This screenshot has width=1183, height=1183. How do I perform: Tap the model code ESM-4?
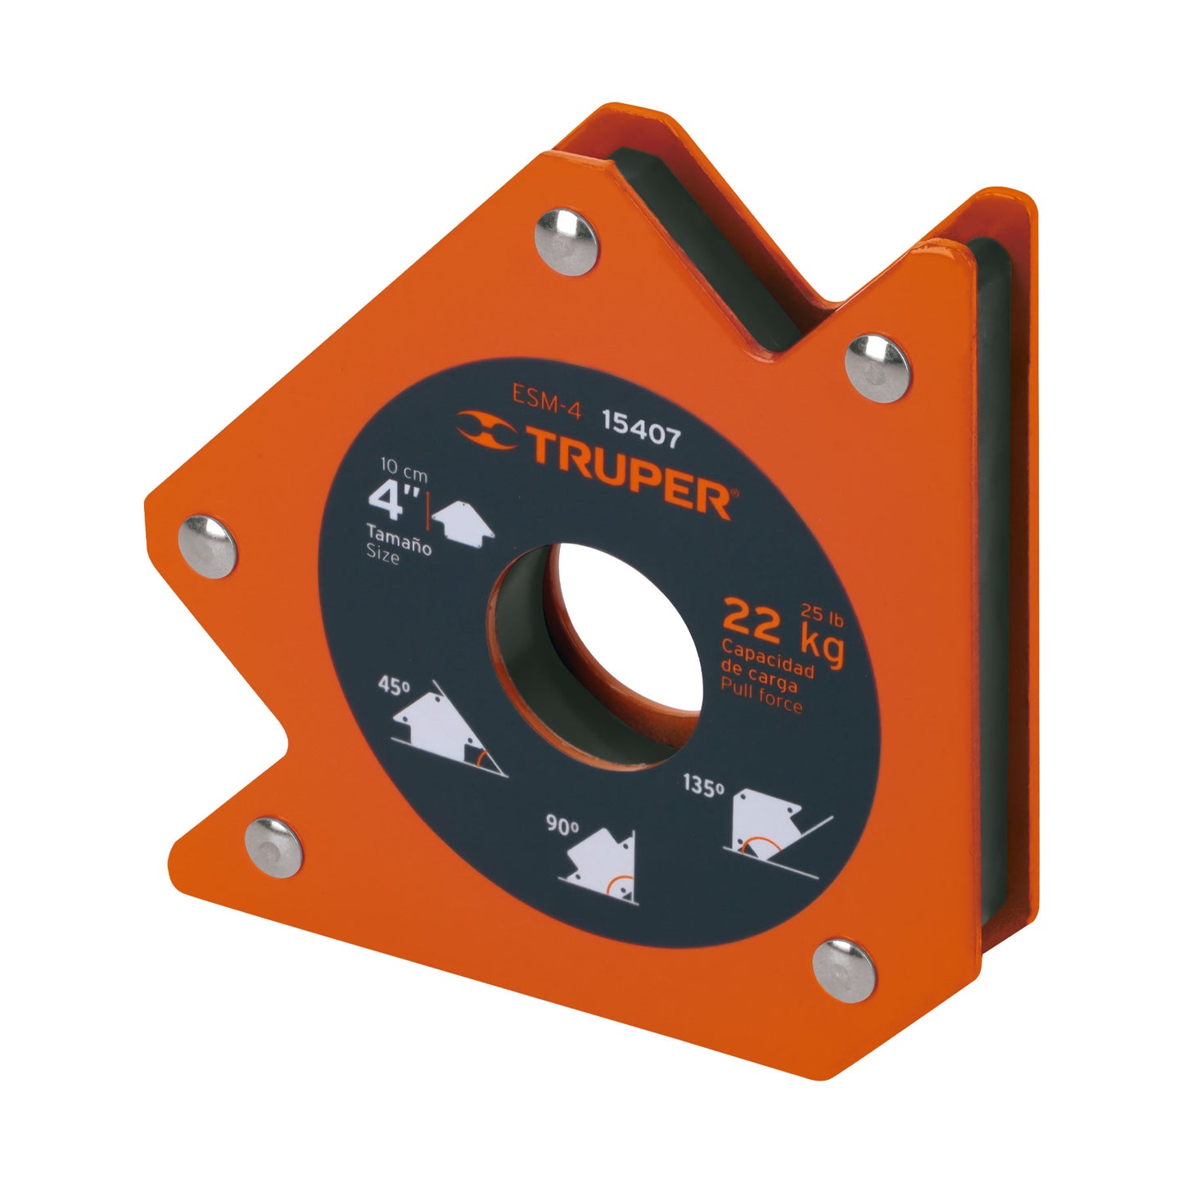click(x=546, y=400)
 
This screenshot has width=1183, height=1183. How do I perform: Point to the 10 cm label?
click(x=404, y=471)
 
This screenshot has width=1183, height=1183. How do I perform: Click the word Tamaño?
click(x=399, y=540)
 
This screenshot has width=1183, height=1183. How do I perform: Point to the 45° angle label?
click(x=394, y=684)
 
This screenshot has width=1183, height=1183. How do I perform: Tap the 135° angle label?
click(x=704, y=786)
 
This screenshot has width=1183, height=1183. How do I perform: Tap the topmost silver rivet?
click(x=565, y=242)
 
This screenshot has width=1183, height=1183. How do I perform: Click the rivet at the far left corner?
click(x=208, y=547)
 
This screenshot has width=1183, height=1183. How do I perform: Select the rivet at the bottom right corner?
click(x=844, y=970)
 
